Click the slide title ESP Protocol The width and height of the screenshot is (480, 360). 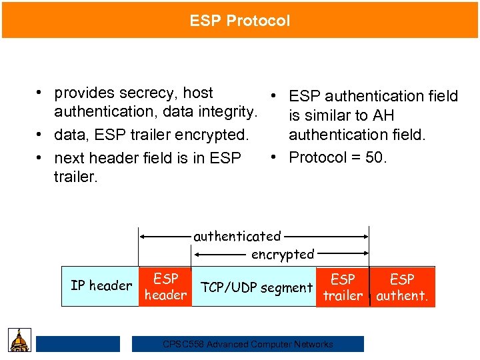(240, 21)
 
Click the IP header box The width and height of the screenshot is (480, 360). (101, 286)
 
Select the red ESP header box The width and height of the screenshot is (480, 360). (165, 287)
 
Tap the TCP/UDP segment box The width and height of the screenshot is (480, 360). (257, 288)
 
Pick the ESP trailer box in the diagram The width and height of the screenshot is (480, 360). (343, 287)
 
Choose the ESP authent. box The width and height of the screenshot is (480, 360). (402, 287)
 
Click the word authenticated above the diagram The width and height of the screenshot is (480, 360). (237, 236)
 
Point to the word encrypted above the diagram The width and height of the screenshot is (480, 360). (283, 254)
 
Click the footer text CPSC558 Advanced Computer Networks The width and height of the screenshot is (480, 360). (248, 344)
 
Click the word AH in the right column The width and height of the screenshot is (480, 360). (383, 115)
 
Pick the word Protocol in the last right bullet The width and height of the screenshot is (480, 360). (317, 157)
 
